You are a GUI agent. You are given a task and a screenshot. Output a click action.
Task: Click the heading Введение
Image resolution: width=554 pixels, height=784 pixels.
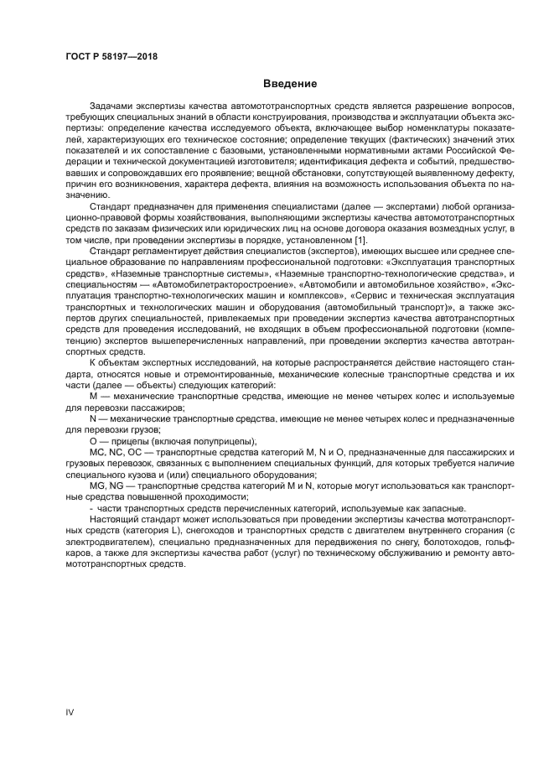[290, 84]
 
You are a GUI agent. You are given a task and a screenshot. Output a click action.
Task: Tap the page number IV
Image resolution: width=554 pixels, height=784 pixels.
[70, 711]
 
